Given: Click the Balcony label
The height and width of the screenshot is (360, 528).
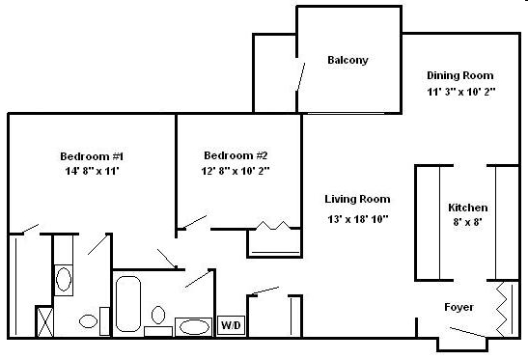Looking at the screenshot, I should [347, 60].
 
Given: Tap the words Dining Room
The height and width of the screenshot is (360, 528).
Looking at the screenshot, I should [460, 75].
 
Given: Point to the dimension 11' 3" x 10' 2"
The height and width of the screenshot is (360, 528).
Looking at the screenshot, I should [460, 93].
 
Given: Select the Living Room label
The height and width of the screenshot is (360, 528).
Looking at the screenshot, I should [357, 200].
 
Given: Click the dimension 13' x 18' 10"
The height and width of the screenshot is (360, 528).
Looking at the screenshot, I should [357, 219].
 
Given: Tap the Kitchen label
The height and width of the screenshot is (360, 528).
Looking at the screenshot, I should [467, 208].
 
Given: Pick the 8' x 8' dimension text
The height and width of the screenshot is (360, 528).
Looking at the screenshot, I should [467, 222].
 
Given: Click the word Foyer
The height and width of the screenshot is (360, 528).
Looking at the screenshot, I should [458, 308].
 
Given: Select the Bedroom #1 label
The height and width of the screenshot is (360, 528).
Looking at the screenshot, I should [92, 155].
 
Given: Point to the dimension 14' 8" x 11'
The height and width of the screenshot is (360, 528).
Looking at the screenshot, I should [92, 171].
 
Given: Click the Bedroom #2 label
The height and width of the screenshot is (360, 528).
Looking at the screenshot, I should [236, 155].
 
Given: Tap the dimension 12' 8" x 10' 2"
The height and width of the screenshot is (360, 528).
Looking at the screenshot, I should [236, 171].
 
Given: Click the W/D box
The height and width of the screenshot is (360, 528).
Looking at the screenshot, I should [231, 326].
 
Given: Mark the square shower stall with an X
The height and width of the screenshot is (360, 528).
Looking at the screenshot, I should [45, 320].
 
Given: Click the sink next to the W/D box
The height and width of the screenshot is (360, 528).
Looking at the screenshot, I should [194, 326].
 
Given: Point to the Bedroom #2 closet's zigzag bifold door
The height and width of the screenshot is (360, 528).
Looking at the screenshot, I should [272, 227].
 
